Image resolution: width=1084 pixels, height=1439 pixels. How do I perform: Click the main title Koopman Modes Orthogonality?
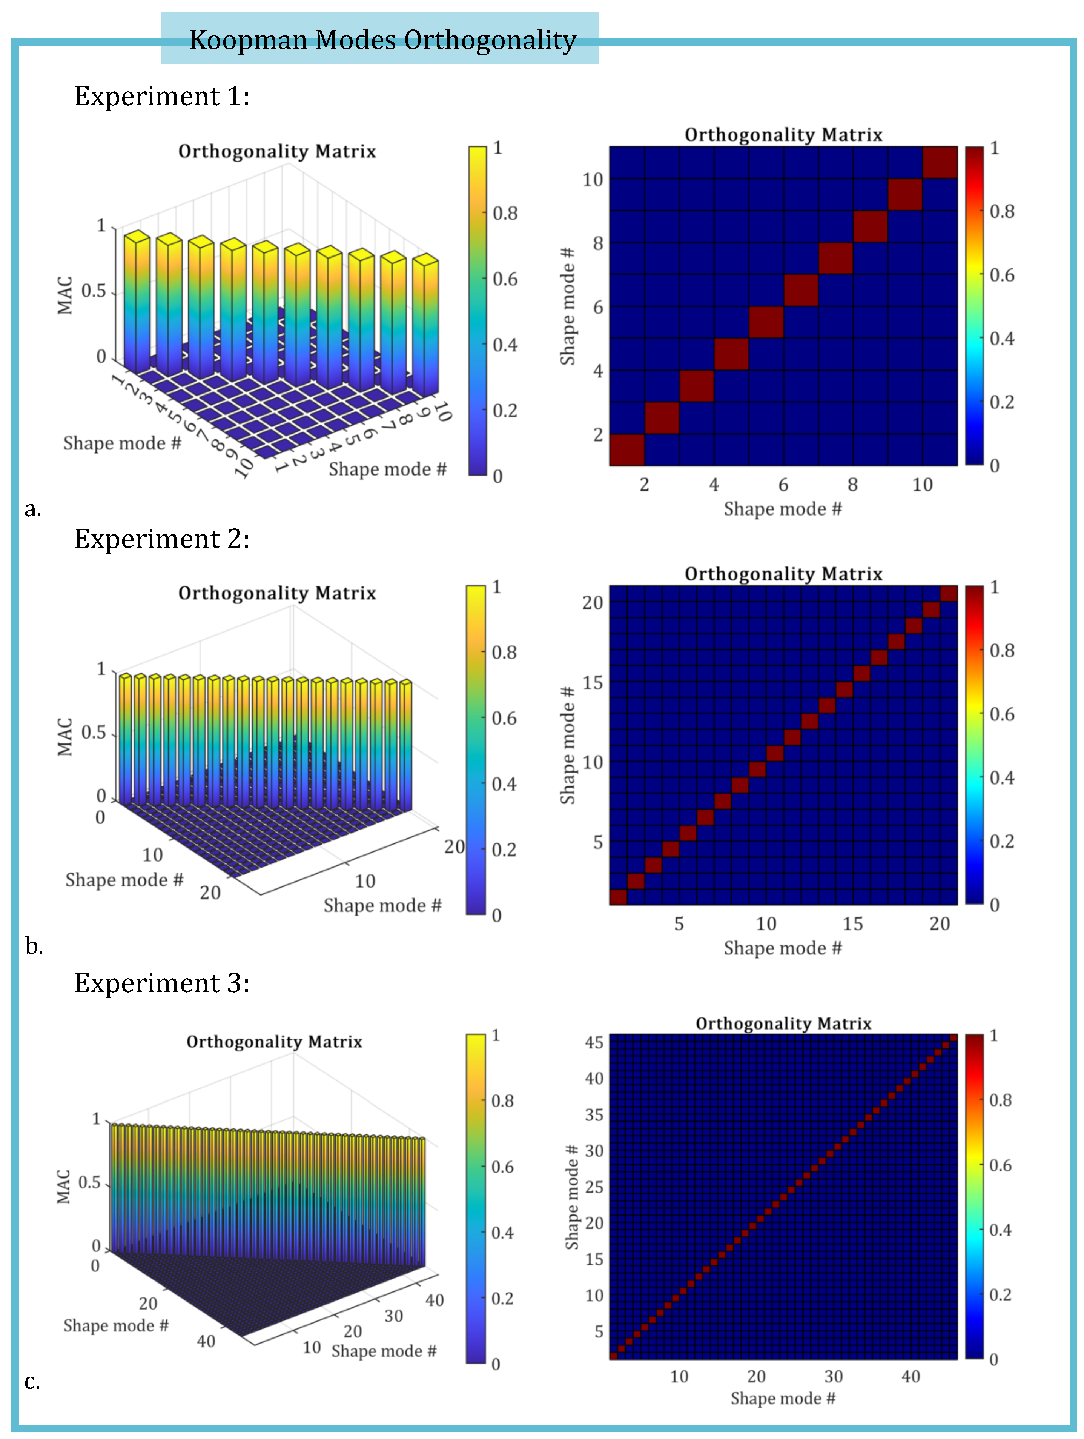click(x=382, y=40)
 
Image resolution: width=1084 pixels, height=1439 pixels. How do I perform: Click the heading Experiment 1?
click(x=161, y=96)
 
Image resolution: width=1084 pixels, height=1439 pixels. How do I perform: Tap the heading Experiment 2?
click(x=161, y=539)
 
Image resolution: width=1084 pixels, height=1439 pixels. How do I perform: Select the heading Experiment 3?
click(x=161, y=983)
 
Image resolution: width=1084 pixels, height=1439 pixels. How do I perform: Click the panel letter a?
click(x=32, y=509)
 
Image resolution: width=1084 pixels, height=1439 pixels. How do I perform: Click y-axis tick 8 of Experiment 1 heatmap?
click(x=597, y=243)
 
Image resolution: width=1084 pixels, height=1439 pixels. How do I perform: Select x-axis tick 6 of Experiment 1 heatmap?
click(x=783, y=485)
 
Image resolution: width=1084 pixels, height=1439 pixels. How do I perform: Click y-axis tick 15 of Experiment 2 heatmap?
click(x=593, y=682)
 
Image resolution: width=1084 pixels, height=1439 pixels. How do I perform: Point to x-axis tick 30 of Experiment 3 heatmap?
click(x=833, y=1377)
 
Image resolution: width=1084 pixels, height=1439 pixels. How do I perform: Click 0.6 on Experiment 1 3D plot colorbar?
click(x=505, y=279)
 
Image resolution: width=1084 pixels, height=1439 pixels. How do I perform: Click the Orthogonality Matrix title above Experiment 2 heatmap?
click(x=783, y=574)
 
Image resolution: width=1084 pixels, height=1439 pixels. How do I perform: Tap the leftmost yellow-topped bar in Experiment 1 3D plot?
click(x=137, y=299)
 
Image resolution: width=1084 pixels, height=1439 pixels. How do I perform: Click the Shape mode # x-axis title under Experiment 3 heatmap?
click(x=782, y=1399)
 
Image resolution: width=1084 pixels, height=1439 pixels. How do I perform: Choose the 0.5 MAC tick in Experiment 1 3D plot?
click(x=94, y=291)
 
